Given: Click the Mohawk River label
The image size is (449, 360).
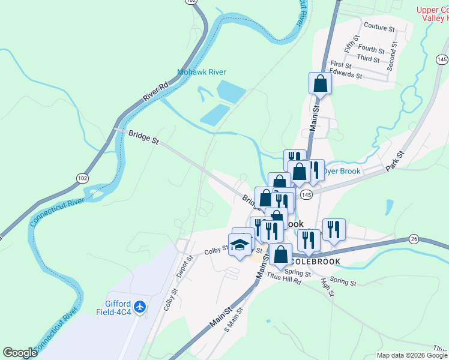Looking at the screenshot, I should pos(201,72).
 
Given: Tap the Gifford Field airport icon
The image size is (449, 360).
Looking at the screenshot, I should pos(140,307).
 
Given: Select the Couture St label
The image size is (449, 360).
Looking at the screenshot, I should pos(379,28).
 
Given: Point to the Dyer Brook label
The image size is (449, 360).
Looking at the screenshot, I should pos(342,171).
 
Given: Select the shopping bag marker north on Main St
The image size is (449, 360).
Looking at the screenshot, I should pos(320,83).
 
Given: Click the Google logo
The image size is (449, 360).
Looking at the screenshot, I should pos(20,353).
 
